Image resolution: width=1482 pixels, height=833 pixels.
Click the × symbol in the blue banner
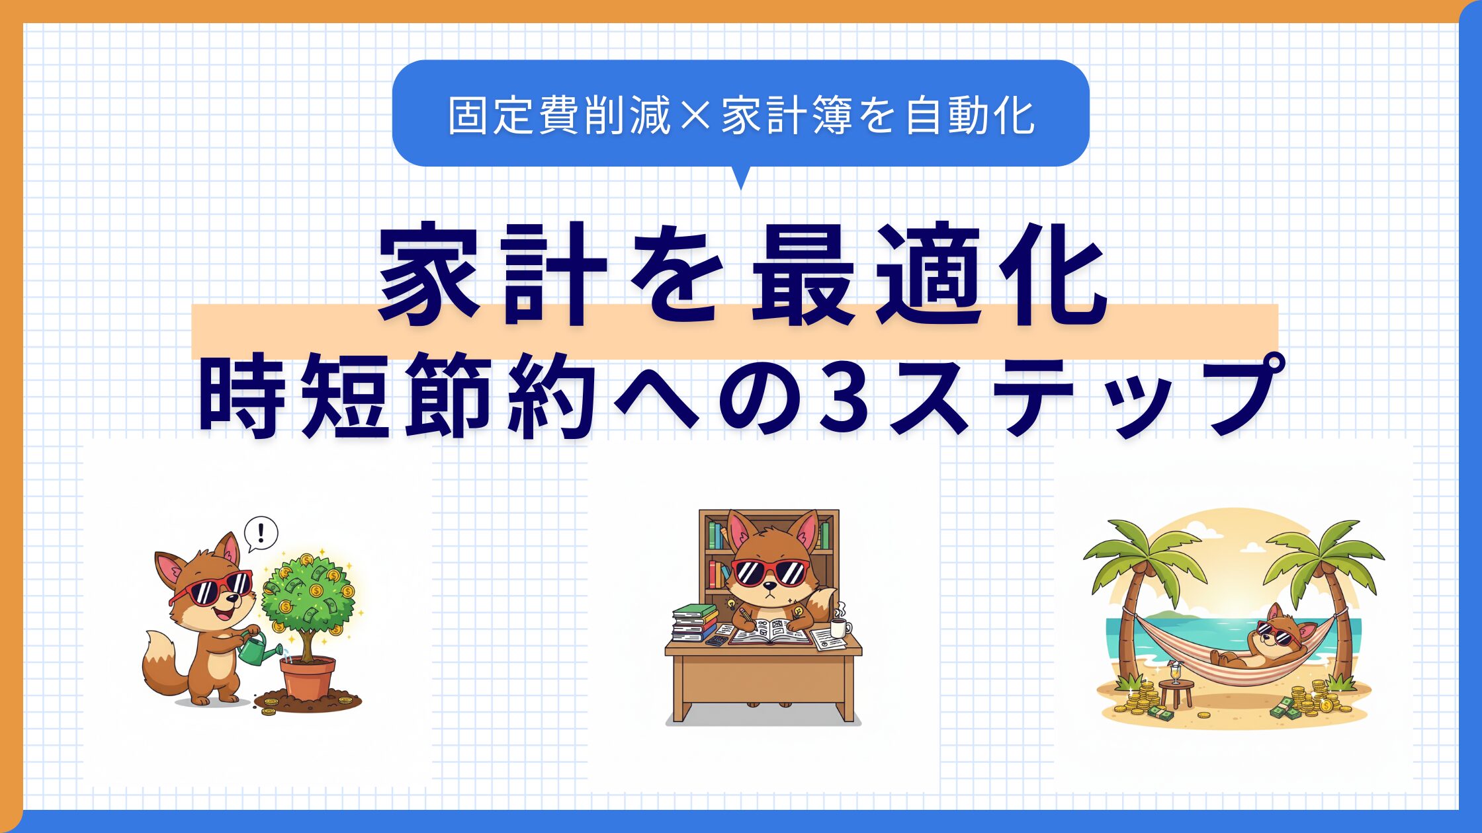(x=694, y=116)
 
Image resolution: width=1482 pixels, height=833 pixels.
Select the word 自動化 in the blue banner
(x=970, y=116)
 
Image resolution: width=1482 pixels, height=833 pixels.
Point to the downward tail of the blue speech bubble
(x=741, y=177)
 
